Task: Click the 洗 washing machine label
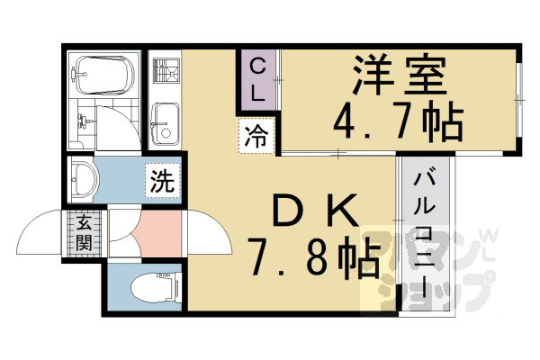pos(162,180)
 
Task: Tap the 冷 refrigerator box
pos(256,138)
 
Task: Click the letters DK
pos(306,212)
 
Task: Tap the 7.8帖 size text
pos(307,260)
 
